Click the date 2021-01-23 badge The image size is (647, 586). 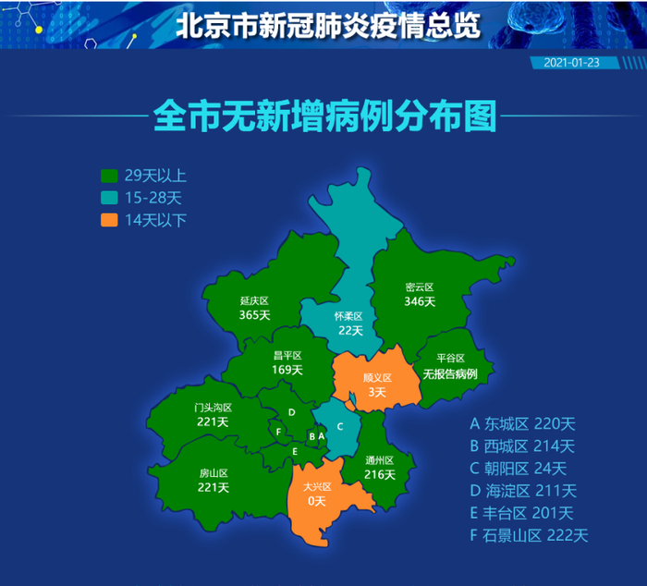point(573,63)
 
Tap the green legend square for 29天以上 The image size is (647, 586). point(109,175)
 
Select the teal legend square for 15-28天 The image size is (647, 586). point(109,197)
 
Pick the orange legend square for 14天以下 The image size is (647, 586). point(109,219)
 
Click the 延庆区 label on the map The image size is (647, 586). point(254,301)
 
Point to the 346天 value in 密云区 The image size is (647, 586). point(420,301)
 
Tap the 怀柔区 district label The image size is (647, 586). point(349,316)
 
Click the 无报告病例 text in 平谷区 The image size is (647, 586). point(450,374)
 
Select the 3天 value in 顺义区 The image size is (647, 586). point(377,393)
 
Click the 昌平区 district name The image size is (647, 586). point(287,355)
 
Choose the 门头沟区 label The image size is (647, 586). point(213,408)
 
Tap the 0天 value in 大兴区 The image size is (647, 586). point(316,501)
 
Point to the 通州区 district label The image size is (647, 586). point(380,460)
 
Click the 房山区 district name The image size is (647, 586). point(214,473)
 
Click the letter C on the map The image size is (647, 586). point(340,426)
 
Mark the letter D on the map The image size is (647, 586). point(291,412)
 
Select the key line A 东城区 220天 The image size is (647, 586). point(522,424)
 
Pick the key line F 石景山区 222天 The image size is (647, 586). point(529,535)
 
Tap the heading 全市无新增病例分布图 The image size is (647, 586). point(323,117)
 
